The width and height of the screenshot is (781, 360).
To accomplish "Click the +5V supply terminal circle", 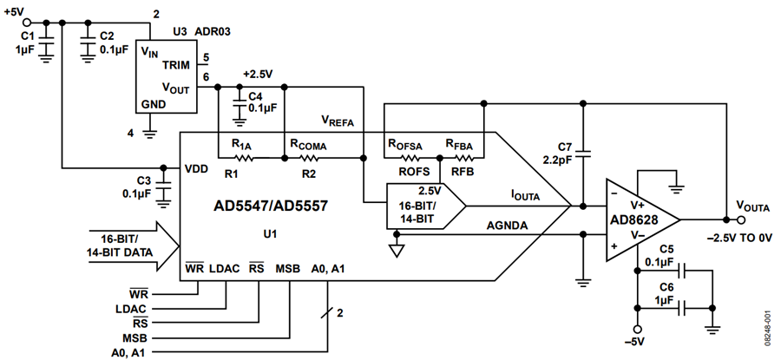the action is (x=28, y=23).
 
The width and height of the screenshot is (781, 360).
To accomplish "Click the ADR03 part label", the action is (x=213, y=32).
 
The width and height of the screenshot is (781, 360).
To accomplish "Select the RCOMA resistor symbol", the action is (x=308, y=159).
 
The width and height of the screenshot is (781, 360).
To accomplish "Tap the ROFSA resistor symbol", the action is (x=410, y=159).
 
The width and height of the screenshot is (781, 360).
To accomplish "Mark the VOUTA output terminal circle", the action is (x=741, y=219).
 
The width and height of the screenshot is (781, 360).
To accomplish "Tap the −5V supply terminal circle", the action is (x=637, y=329).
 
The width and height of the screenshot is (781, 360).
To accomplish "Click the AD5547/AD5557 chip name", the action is (x=271, y=206).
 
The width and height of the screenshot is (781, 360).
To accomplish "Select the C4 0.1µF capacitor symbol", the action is (x=240, y=101).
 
